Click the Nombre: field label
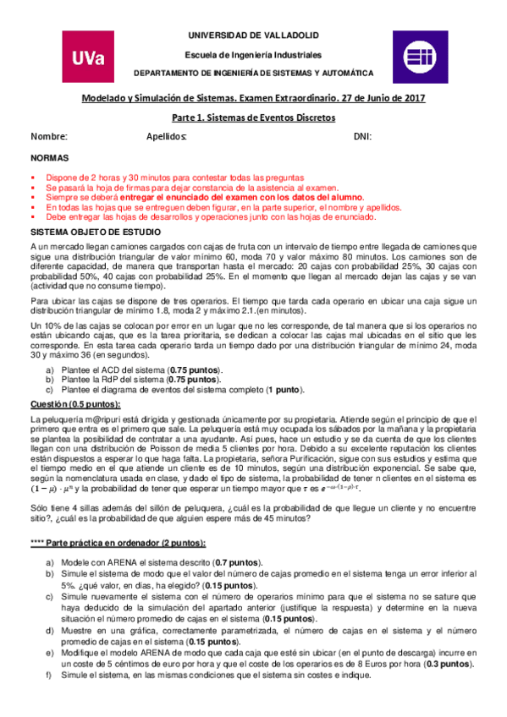click(49, 136)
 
